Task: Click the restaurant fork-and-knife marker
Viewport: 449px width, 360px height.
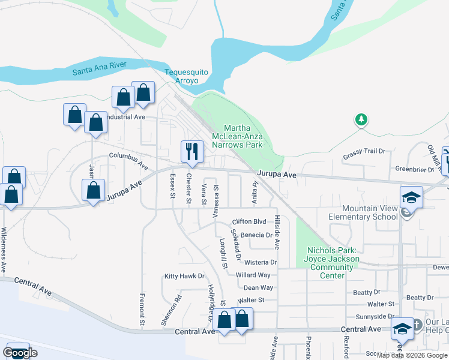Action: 191,151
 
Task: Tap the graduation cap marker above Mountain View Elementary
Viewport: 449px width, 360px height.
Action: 411,197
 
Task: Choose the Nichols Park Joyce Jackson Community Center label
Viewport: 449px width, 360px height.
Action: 333,263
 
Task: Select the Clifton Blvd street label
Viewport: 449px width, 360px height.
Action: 249,221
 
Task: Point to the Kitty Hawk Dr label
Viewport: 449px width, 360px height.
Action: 185,276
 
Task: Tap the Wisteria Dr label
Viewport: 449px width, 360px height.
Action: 261,262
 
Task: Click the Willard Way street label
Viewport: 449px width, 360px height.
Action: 253,275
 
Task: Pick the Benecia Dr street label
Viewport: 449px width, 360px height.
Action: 256,235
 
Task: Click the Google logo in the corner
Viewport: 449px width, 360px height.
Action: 20,353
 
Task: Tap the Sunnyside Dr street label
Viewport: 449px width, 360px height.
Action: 375,316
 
